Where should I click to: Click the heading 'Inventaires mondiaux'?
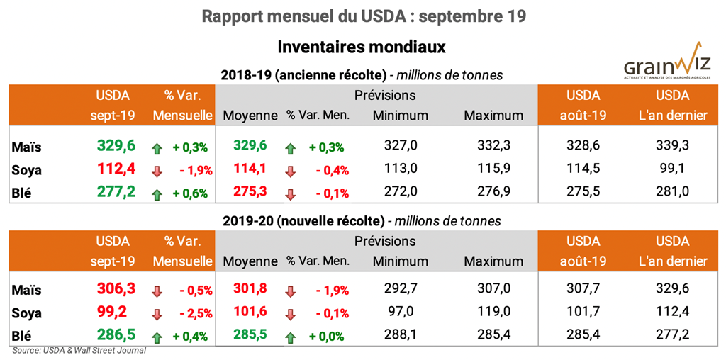tap(362, 47)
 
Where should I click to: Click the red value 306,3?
tap(116, 289)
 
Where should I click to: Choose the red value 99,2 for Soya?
tap(116, 313)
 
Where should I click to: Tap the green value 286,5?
tap(116, 336)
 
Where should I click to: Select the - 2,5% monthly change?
tap(191, 313)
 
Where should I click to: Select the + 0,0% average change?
tap(327, 337)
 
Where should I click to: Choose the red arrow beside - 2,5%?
tap(157, 313)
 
